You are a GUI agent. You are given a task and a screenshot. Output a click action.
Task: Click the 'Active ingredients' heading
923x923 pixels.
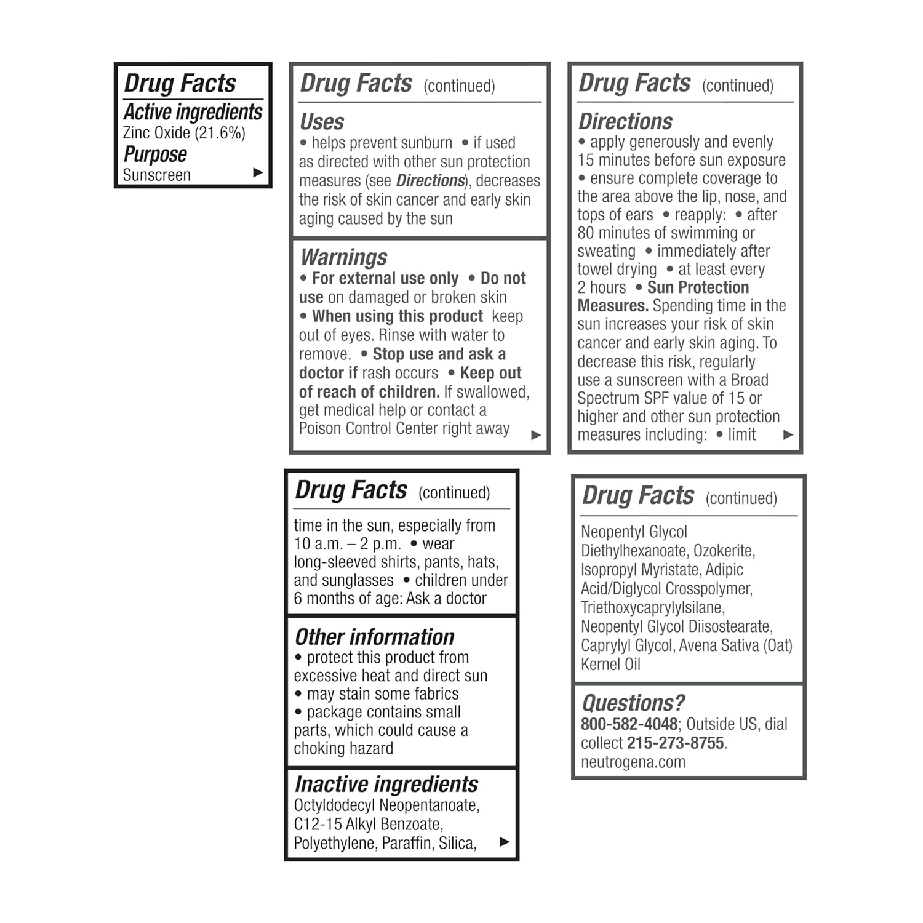(193, 112)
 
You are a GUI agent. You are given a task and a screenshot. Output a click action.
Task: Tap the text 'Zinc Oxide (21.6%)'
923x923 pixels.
(184, 133)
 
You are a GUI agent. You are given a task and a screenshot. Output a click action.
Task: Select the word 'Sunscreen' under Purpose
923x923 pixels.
(156, 175)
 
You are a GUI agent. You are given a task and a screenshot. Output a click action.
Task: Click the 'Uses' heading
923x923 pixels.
(322, 122)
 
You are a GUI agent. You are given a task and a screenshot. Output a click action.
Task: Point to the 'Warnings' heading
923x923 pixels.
(343, 257)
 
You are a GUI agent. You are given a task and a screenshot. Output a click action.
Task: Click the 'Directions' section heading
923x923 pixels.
(625, 121)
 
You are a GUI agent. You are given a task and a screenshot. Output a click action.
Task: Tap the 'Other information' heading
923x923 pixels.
(374, 637)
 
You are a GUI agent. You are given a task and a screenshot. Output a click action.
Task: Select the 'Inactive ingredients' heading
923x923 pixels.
(386, 784)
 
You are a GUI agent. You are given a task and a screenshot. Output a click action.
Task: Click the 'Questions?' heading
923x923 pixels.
(633, 703)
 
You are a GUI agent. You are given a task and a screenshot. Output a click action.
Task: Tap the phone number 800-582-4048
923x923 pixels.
(629, 724)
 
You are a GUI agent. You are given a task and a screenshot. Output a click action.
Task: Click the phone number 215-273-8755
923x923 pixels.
(675, 743)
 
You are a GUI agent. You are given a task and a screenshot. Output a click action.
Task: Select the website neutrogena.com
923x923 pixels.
(633, 762)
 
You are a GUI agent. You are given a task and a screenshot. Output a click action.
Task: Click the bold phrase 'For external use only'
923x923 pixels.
(385, 279)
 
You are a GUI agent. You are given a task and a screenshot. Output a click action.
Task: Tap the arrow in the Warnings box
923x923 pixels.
(536, 435)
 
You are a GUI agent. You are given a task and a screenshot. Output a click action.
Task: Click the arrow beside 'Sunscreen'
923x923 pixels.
(258, 173)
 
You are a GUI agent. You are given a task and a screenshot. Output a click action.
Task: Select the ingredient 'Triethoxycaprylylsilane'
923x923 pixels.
(652, 608)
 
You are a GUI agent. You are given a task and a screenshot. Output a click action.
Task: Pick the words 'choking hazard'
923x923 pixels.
(343, 749)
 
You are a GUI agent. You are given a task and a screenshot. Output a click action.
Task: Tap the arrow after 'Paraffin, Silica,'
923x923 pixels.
(505, 842)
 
